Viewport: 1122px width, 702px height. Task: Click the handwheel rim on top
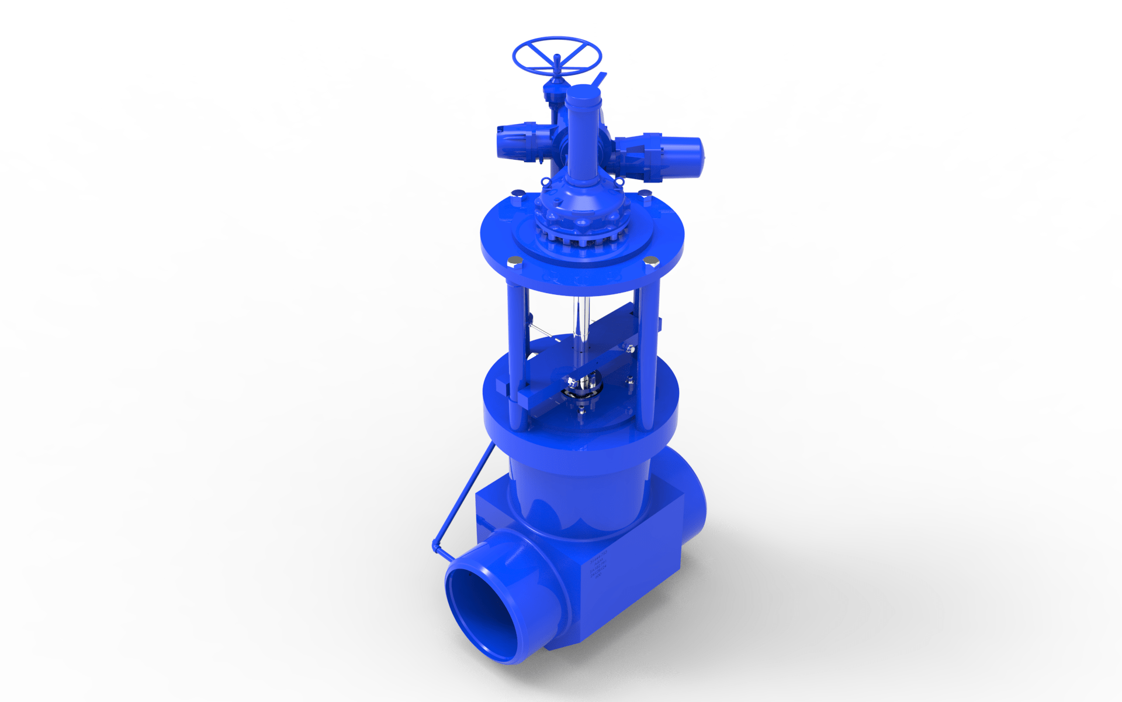[x=556, y=40]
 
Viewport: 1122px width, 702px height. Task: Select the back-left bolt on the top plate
[x=516, y=194]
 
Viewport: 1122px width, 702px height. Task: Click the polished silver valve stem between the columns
[x=579, y=328]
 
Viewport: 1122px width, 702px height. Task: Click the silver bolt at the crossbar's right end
[x=630, y=349]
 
